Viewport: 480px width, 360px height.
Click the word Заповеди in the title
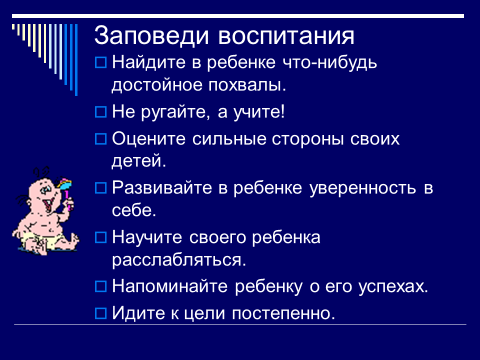click(151, 35)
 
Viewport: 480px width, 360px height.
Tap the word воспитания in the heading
click(286, 37)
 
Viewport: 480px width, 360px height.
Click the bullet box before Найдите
click(101, 63)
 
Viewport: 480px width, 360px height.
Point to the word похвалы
click(247, 85)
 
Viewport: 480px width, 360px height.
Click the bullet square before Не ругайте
click(101, 112)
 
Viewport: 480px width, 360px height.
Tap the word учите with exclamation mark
click(259, 112)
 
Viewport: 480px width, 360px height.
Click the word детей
click(139, 162)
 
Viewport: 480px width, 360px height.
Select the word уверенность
click(363, 188)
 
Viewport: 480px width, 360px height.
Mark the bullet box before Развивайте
click(101, 188)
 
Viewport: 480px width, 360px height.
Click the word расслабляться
click(179, 260)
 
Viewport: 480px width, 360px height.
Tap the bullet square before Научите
click(101, 238)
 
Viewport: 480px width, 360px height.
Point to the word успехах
click(393, 287)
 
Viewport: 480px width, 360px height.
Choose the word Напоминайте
click(170, 286)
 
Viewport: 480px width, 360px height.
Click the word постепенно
click(283, 314)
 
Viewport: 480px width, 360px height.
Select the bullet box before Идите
click(101, 313)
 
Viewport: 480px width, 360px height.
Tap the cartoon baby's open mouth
click(47, 204)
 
